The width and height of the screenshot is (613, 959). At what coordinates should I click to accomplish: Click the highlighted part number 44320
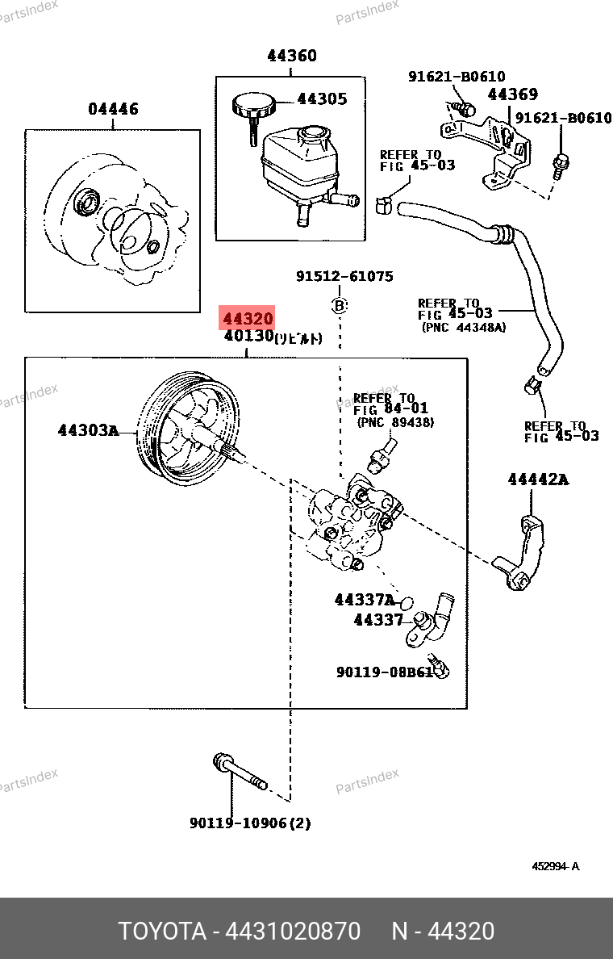click(x=248, y=318)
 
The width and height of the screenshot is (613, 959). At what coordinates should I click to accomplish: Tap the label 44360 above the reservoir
click(x=292, y=56)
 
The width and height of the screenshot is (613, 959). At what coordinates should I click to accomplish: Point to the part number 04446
click(x=113, y=109)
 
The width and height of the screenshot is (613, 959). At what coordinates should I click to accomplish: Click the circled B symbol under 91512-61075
click(x=340, y=305)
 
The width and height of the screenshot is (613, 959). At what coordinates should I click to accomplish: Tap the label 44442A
click(x=538, y=479)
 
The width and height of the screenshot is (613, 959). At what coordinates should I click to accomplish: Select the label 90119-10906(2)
click(x=250, y=823)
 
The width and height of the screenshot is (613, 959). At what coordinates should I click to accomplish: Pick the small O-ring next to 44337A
click(x=407, y=602)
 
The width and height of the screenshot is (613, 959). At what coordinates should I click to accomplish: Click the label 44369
click(x=512, y=94)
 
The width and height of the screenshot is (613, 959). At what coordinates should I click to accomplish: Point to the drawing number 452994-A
click(x=555, y=867)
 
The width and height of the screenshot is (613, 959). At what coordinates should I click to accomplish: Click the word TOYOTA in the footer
click(x=162, y=931)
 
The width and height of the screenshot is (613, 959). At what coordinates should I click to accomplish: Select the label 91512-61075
click(x=344, y=276)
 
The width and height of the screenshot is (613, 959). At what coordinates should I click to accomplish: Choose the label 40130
click(x=249, y=336)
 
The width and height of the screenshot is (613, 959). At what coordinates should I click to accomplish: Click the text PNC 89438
click(x=395, y=422)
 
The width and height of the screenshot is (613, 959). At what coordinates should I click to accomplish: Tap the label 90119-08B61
click(x=384, y=671)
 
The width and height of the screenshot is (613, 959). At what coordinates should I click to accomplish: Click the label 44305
click(x=322, y=99)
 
